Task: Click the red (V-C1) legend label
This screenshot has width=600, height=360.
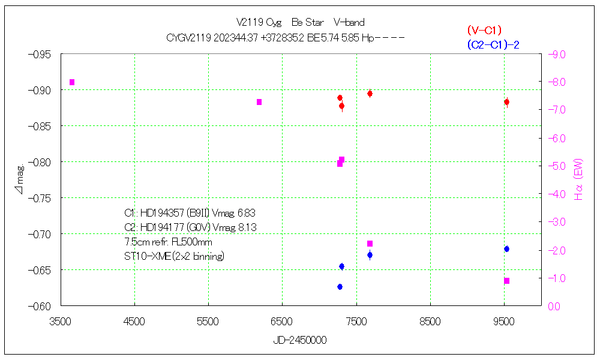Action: click(484, 30)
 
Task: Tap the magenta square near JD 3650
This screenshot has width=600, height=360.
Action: click(72, 82)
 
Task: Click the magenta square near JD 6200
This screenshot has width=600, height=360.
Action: click(259, 102)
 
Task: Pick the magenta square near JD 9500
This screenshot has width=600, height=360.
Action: click(506, 281)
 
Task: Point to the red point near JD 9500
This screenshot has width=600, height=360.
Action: click(506, 102)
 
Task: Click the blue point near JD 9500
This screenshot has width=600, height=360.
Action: click(506, 249)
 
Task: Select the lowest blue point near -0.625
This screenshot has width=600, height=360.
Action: click(340, 287)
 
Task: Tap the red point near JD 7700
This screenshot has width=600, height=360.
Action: click(370, 94)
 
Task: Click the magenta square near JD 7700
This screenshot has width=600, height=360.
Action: click(370, 244)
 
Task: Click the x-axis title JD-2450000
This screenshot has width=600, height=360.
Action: click(300, 340)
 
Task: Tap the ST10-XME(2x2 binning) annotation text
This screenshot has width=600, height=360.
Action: click(174, 256)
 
